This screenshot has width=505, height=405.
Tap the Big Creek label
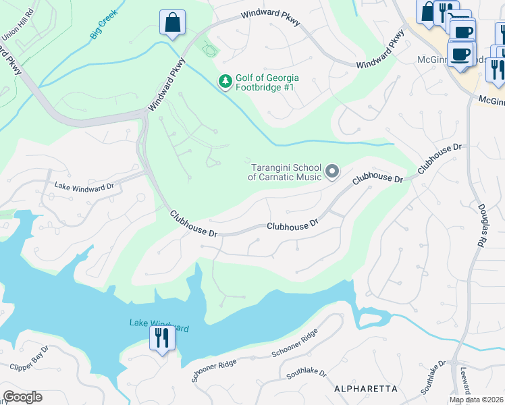103,23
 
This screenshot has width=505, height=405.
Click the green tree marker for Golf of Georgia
224,82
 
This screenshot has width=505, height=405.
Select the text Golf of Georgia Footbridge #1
267,82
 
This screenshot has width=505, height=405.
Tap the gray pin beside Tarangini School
331,172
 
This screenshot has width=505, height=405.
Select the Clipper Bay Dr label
29,359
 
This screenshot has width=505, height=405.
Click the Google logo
22,397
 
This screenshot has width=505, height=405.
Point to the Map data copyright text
476,400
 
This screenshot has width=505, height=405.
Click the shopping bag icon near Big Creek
172,22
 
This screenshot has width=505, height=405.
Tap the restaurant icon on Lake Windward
162,337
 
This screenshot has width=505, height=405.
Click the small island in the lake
372,317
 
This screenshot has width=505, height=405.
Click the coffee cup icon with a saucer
460,54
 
